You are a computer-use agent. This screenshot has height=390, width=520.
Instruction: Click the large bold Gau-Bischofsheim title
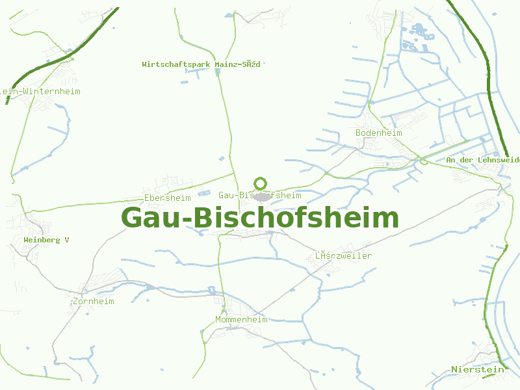click(260, 218)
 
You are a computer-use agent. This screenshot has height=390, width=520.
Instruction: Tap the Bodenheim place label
click(379, 133)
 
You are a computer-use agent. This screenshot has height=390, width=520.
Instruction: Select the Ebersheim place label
click(168, 198)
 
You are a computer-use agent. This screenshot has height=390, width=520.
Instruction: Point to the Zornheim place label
click(94, 301)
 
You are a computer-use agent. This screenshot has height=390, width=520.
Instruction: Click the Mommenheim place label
click(241, 319)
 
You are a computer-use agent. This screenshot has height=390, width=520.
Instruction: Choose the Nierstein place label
click(478, 369)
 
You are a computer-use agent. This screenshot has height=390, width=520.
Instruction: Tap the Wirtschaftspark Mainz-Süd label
click(201, 64)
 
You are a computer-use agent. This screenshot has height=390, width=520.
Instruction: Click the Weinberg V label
click(46, 240)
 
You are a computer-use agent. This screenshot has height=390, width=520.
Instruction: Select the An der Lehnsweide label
click(483, 159)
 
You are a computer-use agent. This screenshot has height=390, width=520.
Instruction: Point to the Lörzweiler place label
click(343, 255)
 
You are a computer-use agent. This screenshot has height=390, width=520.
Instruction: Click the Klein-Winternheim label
click(40, 91)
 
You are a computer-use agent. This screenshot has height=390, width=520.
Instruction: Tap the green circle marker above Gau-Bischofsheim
click(261, 183)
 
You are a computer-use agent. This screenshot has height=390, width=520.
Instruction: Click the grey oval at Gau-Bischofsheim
click(262, 196)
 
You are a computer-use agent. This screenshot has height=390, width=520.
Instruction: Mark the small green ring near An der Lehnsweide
click(424, 161)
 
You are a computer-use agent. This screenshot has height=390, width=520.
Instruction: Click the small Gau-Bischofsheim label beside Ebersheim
click(260, 195)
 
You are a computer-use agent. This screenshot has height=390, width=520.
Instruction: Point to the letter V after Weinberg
click(66, 240)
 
